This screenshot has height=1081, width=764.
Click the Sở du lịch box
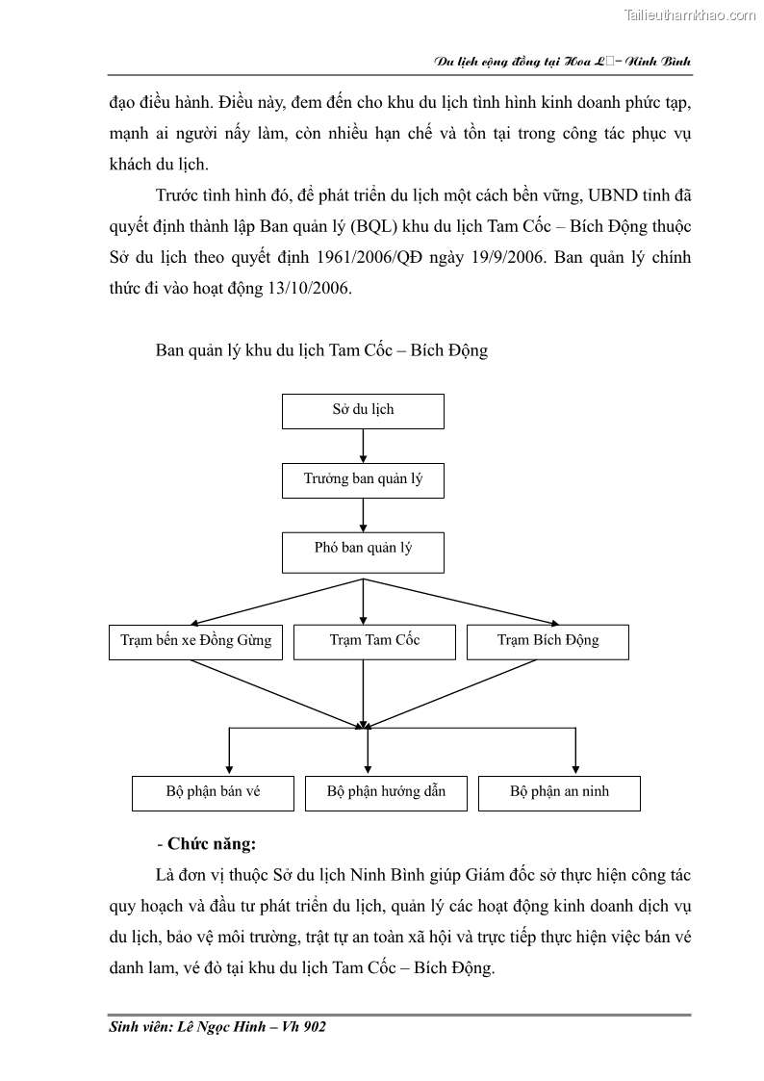coord(363,410)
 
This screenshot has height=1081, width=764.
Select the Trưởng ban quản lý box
coord(363,479)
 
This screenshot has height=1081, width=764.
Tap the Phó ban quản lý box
coord(363,550)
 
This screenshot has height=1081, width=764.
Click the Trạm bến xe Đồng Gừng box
coord(195,641)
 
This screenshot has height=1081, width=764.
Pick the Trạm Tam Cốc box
coord(374,641)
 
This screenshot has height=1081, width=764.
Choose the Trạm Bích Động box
coord(548,641)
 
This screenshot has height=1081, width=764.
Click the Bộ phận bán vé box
coord(213,792)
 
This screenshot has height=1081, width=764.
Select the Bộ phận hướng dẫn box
coord(386,792)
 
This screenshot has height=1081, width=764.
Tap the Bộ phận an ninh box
coord(559,792)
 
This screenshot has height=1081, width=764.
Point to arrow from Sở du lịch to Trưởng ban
coord(363,446)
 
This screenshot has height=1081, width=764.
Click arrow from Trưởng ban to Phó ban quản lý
coord(363,515)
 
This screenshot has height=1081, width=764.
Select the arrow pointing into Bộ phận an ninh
coord(575,752)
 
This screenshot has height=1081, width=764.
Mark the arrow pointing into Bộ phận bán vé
coord(229,752)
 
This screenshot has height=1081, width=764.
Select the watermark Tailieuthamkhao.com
coord(690,14)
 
